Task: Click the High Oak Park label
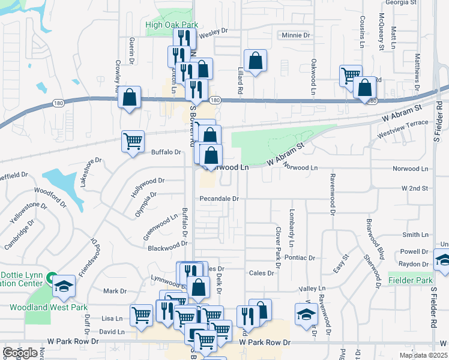(x=172, y=25)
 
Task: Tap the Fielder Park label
(x=410, y=280)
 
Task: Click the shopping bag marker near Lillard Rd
(x=255, y=61)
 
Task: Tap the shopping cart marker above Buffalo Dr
(x=133, y=142)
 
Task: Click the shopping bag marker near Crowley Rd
(x=129, y=97)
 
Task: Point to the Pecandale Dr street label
(x=220, y=198)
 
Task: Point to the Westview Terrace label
(x=403, y=130)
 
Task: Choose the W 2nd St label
(x=416, y=188)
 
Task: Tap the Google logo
(x=20, y=353)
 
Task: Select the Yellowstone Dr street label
(x=28, y=213)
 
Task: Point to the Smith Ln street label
(x=416, y=235)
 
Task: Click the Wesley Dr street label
(x=214, y=31)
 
